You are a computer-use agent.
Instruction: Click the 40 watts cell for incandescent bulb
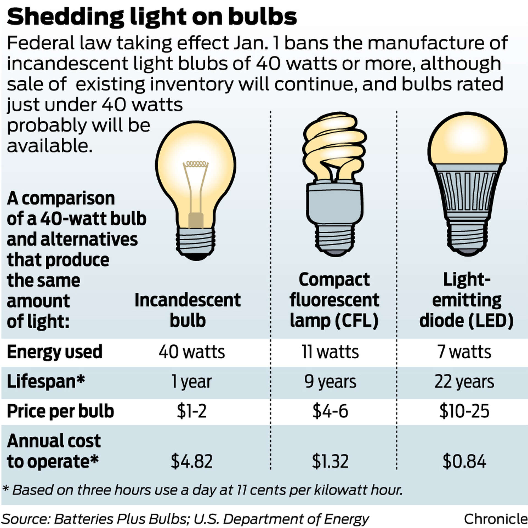[x=192, y=352]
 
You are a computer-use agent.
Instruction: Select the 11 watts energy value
[x=330, y=352]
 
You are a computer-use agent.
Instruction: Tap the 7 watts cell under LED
[x=464, y=352]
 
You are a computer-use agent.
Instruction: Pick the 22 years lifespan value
[x=464, y=382]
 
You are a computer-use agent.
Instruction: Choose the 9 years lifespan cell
[x=330, y=382]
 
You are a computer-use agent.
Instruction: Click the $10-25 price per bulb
[x=464, y=411]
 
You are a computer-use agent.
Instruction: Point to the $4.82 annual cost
[x=192, y=461]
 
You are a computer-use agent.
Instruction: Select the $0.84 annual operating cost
[x=464, y=461]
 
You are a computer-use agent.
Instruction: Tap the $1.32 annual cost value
[x=330, y=461]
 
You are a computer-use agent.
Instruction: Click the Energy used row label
[x=54, y=352]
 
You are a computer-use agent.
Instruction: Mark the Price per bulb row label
[x=60, y=411]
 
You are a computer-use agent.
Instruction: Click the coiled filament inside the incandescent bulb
[x=196, y=164]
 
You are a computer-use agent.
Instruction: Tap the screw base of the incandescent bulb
[x=196, y=242]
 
